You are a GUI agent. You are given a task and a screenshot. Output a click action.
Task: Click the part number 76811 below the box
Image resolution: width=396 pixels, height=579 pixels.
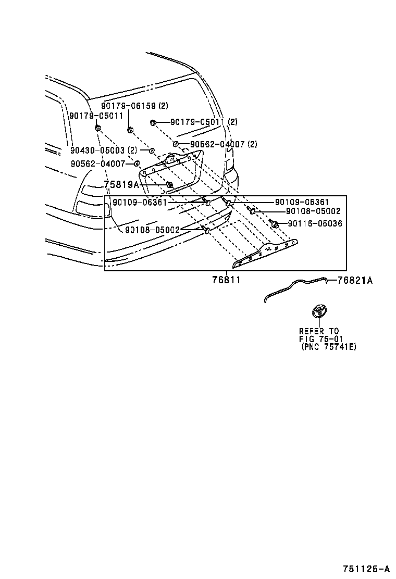click(226, 280)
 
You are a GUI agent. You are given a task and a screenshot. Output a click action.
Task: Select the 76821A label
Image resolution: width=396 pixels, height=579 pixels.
click(355, 280)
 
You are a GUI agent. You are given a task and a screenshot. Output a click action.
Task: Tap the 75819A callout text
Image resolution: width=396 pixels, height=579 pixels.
click(121, 185)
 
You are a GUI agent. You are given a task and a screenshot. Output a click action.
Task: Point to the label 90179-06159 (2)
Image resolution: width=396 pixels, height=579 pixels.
click(135, 106)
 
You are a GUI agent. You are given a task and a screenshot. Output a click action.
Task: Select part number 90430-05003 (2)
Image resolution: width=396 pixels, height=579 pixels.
click(104, 150)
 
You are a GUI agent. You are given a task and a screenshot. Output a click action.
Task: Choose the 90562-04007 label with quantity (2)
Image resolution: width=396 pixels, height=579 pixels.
click(224, 144)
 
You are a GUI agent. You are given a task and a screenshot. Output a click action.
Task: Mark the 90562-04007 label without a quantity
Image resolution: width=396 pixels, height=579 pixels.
click(98, 163)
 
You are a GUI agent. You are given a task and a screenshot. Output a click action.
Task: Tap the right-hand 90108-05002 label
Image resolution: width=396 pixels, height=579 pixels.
click(313, 211)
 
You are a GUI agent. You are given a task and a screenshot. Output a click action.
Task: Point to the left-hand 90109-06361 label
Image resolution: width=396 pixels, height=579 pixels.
click(140, 202)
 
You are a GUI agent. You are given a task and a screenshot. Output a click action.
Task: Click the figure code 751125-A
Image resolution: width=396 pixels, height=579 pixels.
click(366, 568)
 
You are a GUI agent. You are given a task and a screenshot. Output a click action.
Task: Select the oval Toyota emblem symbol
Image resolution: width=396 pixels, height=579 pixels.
click(318, 312)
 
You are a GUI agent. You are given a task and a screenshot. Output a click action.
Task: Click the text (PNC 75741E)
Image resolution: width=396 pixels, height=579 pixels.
click(329, 347)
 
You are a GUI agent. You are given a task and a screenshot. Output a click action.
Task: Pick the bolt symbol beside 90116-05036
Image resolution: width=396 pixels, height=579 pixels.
click(274, 224)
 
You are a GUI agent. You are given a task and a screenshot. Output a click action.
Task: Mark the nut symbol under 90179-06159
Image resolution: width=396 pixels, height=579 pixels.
click(130, 129)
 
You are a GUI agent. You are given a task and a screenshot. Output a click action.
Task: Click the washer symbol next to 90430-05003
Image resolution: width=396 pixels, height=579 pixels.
click(152, 150)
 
